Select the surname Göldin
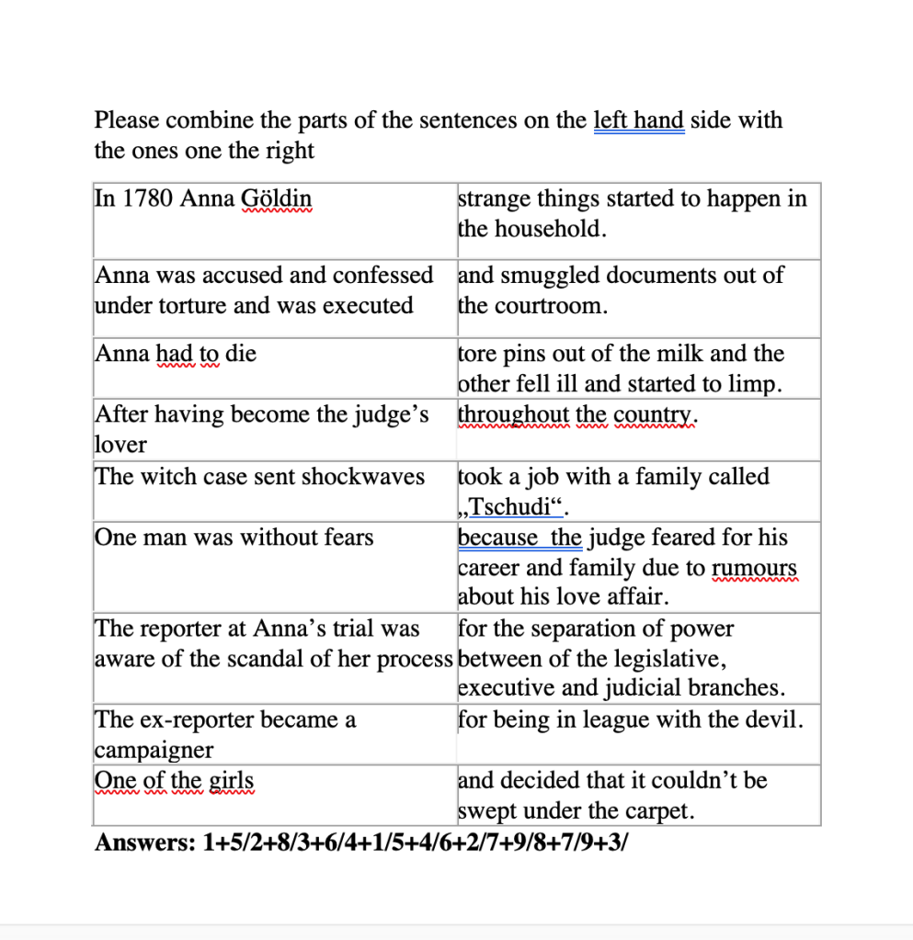276,198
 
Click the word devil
776,719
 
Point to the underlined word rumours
754,568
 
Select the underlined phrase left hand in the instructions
638,120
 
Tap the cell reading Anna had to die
176,354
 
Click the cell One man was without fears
234,538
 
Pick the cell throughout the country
578,415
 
